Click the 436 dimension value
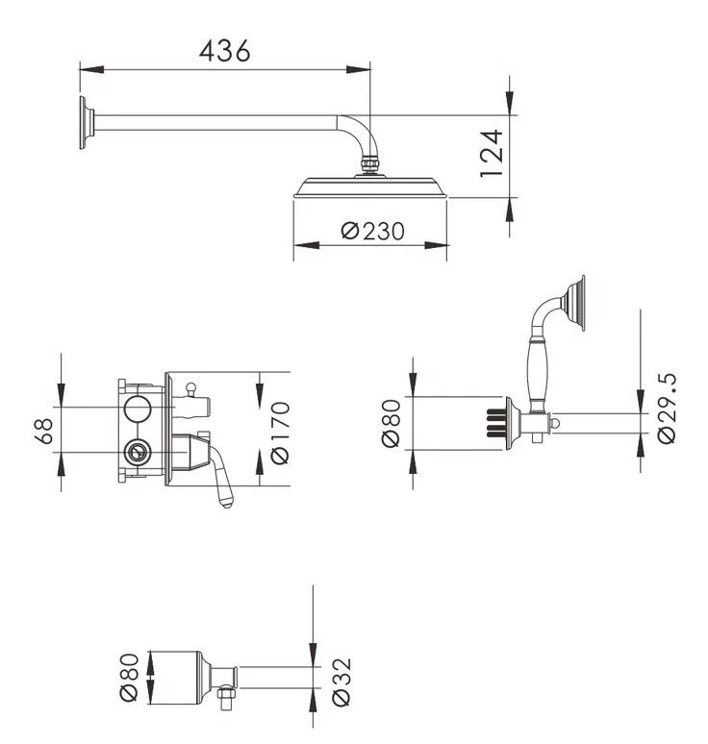224,50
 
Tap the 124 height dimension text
491,153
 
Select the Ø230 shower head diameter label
372,231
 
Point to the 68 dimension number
44,431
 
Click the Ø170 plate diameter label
280,433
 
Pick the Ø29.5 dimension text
667,409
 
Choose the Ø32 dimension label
341,682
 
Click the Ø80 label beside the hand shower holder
391,423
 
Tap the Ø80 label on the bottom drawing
129,677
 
